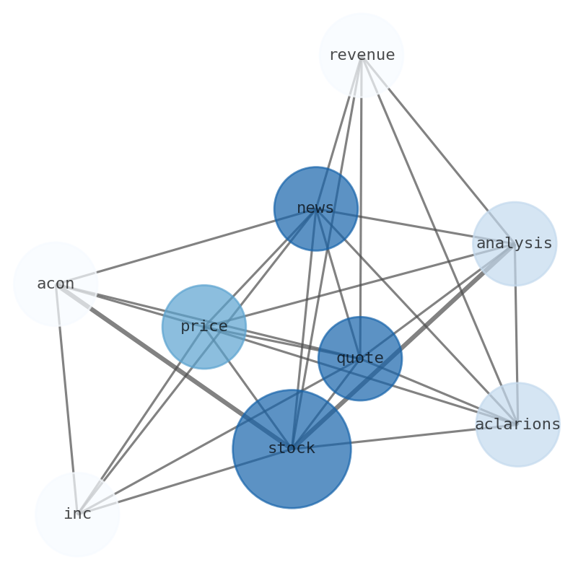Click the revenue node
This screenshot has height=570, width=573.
tap(361, 55)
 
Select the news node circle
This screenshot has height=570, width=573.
tap(315, 209)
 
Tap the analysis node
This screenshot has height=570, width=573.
tap(515, 244)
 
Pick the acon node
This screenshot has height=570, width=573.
tap(56, 284)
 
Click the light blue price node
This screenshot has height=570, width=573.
tap(204, 327)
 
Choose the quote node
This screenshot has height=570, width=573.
tap(359, 359)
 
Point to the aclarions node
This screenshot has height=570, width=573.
tap(517, 424)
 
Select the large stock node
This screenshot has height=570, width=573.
tap(292, 449)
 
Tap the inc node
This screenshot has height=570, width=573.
tap(77, 514)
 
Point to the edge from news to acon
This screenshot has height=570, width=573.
tap(185, 246)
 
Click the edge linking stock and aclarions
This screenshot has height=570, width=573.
tap(404, 437)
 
